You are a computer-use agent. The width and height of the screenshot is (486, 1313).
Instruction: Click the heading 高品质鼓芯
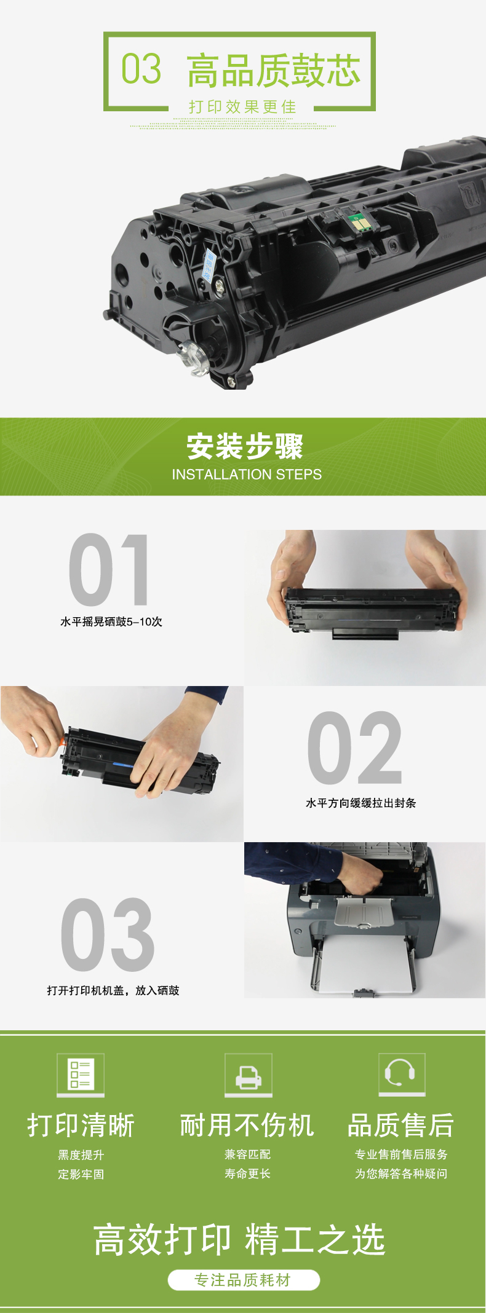coord(274,70)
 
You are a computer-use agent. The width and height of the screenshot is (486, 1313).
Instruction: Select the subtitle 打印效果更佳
coord(242,107)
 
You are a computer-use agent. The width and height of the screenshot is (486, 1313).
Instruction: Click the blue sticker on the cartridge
coord(209,266)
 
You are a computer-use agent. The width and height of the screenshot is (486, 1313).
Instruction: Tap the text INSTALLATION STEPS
coord(247,475)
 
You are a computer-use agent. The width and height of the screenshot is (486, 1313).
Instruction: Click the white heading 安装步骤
coord(245,446)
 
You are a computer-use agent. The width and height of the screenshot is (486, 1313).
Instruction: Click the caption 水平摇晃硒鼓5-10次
coord(111,621)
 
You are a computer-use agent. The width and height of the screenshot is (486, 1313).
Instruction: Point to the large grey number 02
coord(354,747)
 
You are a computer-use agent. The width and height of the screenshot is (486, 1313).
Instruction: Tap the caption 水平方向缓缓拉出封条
coord(361,803)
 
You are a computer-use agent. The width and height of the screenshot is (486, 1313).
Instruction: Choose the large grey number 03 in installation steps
coord(108,934)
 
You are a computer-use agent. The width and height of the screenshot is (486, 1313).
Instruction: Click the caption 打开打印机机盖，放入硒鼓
coord(113,990)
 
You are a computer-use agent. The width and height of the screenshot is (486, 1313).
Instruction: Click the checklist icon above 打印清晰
coord(81,1074)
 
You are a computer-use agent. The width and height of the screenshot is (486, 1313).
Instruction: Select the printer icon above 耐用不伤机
coord(248,1074)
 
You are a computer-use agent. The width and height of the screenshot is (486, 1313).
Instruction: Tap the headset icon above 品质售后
coord(402,1074)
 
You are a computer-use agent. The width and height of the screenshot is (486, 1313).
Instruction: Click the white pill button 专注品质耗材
coord(244,1280)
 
